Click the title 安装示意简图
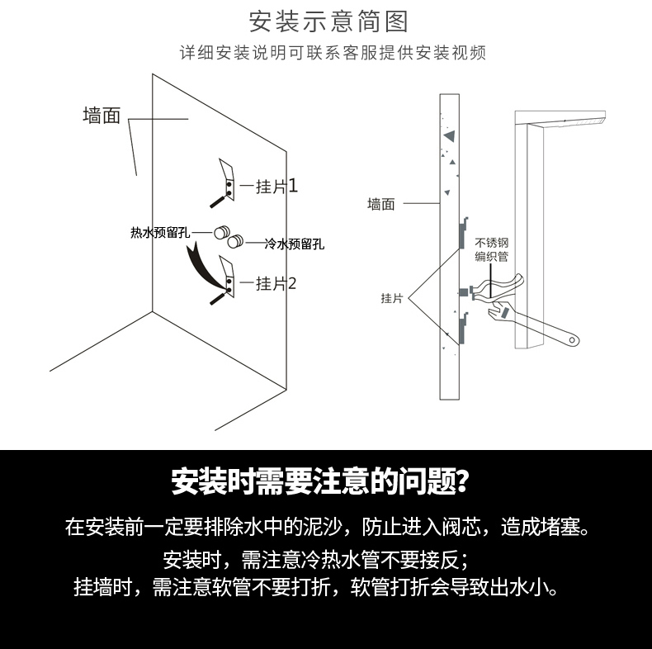(x=328, y=20)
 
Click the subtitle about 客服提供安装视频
(x=333, y=54)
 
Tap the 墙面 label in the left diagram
(x=102, y=116)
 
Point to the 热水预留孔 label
(x=161, y=233)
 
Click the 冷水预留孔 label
(x=294, y=244)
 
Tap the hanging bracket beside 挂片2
(x=226, y=276)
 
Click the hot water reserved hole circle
(x=221, y=233)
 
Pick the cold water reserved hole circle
(x=235, y=242)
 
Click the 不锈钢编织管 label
(x=491, y=250)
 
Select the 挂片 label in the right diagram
(x=391, y=298)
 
